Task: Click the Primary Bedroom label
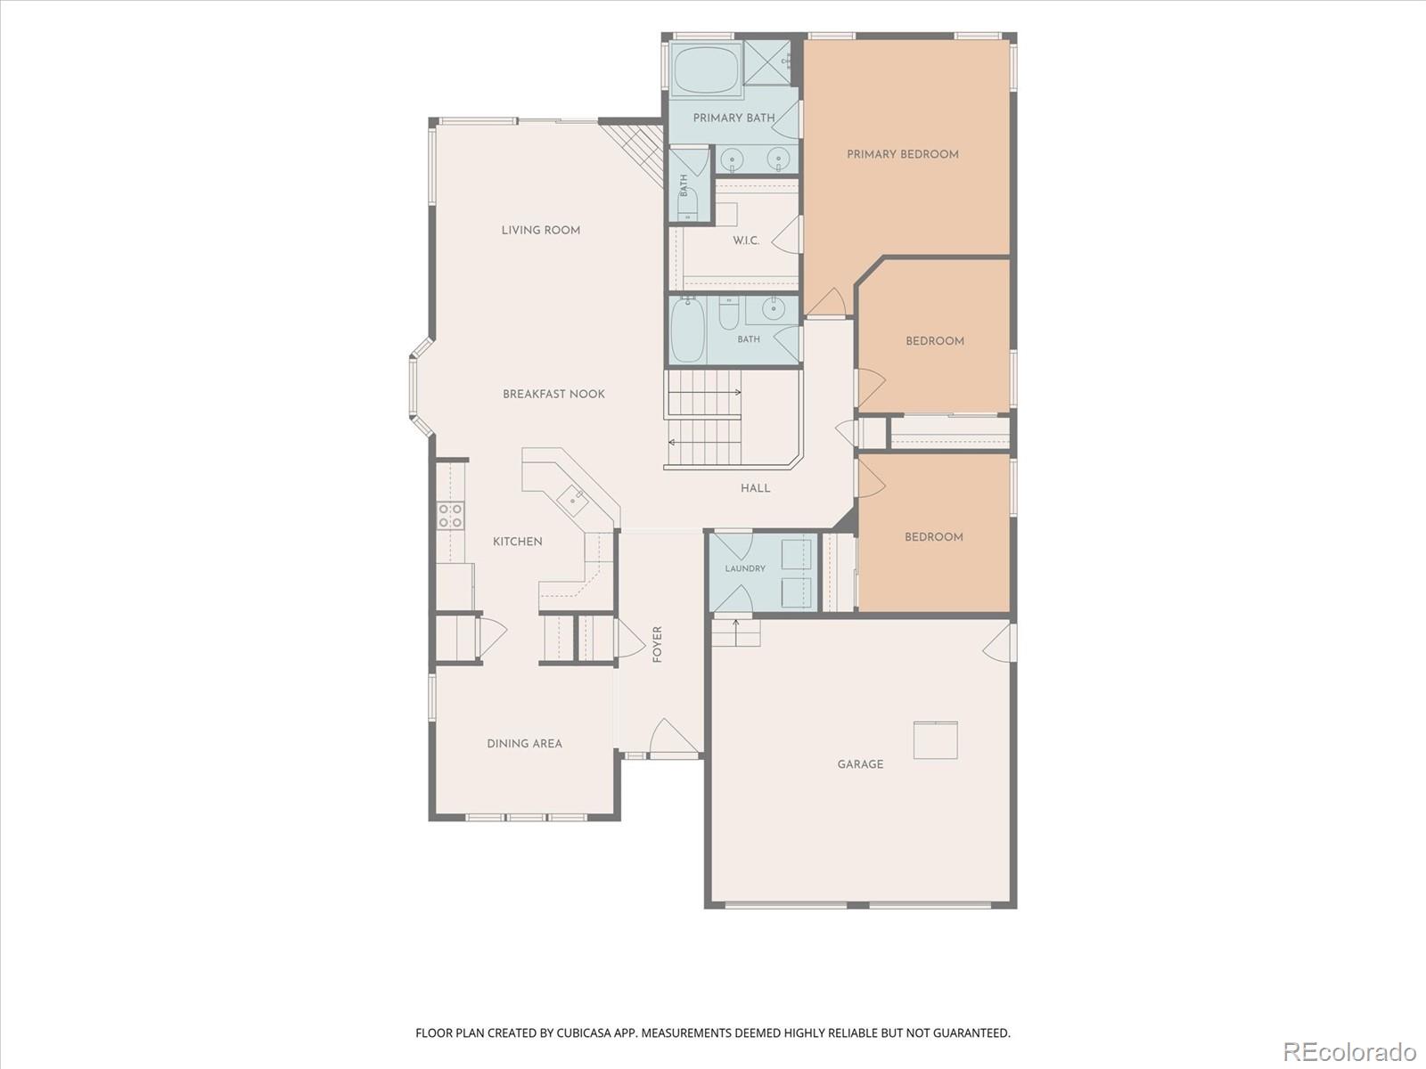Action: tap(902, 154)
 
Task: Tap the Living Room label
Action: tap(540, 231)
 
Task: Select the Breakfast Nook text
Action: tap(553, 394)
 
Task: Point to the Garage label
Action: tap(860, 764)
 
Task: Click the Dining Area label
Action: tap(524, 744)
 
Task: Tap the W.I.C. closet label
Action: tap(746, 241)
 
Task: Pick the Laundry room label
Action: tap(745, 568)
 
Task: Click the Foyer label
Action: tap(658, 644)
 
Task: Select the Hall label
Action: tap(756, 488)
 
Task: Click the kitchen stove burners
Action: tap(450, 516)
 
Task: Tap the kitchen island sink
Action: tap(572, 501)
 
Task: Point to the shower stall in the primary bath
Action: tap(766, 62)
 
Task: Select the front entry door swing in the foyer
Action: tap(673, 738)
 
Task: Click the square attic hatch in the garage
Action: tap(936, 740)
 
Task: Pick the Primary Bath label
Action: tap(733, 118)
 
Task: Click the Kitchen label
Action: tap(517, 542)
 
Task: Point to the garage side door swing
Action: tap(998, 642)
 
